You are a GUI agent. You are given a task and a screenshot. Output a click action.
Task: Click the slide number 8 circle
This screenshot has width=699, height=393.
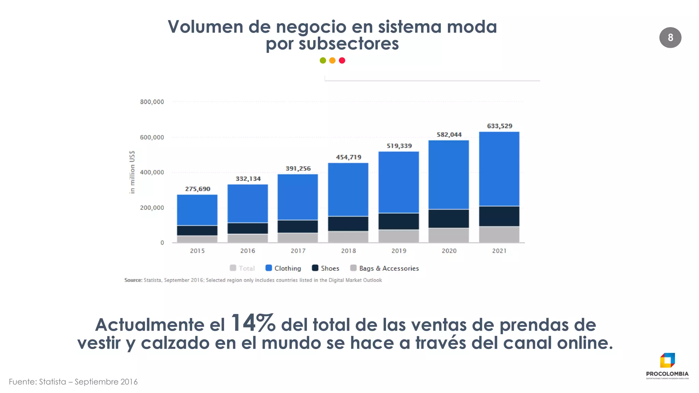tap(670, 38)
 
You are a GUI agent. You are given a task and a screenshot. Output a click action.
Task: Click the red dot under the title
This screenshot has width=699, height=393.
tap(342, 60)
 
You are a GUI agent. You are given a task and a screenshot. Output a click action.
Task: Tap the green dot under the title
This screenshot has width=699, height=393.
tap(323, 60)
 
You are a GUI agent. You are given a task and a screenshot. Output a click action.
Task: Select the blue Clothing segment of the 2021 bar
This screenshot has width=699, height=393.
tap(499, 169)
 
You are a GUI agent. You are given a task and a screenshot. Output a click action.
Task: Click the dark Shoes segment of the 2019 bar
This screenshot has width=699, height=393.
tap(399, 221)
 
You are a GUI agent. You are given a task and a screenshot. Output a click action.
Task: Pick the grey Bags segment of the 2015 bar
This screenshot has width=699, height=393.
tap(197, 239)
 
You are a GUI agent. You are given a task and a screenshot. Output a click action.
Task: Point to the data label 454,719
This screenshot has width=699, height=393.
tap(348, 157)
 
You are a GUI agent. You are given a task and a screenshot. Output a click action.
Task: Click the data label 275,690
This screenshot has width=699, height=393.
tap(198, 189)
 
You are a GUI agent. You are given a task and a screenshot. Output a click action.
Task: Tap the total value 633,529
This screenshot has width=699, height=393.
tap(499, 126)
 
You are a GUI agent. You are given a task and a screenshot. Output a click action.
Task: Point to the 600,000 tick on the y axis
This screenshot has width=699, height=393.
tap(152, 137)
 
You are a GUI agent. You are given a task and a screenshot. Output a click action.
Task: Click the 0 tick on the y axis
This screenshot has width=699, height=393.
tap(162, 243)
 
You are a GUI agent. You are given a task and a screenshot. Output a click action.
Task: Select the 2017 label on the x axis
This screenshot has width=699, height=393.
tap(298, 251)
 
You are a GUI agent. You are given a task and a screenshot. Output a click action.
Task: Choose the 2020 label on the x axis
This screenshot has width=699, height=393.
tap(449, 251)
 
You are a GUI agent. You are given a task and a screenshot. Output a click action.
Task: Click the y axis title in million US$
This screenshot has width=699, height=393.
tap(132, 172)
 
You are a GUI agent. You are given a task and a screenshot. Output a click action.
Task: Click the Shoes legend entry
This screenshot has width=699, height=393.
tap(326, 268)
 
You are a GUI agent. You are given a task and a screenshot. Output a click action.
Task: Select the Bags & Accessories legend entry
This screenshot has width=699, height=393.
tap(385, 268)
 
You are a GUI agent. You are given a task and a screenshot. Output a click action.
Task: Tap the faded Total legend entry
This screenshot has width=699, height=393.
tap(243, 268)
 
